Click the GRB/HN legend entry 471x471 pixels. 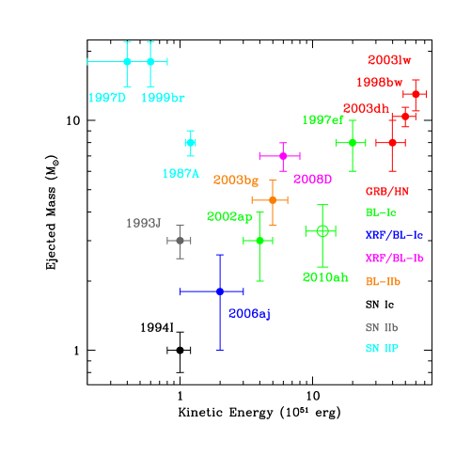(x=386, y=191)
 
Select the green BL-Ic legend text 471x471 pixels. (x=381, y=212)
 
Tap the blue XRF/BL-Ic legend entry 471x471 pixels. (x=394, y=234)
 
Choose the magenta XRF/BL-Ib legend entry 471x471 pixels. (x=394, y=258)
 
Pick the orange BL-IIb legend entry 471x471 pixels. (x=384, y=281)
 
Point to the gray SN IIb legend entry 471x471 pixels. (x=382, y=328)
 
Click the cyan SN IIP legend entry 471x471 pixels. (x=382, y=349)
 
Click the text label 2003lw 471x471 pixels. (x=389, y=60)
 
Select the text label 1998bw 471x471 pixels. (x=379, y=82)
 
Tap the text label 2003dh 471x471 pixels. (x=366, y=108)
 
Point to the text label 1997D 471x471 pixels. (x=106, y=98)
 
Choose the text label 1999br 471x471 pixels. (x=163, y=98)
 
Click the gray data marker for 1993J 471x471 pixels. (x=180, y=241)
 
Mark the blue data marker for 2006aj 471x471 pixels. (x=219, y=291)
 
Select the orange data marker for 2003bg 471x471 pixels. (x=273, y=200)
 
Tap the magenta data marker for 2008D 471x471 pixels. (x=282, y=156)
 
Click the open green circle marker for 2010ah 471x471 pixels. (x=322, y=230)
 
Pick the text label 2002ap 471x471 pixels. (x=229, y=217)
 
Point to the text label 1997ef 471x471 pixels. (x=322, y=120)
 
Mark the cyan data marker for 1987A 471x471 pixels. (x=190, y=143)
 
